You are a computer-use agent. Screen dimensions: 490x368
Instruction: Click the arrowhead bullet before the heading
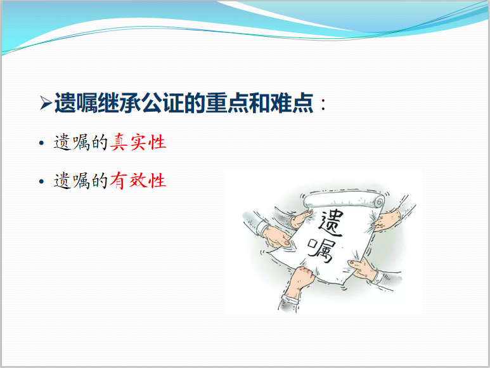point(46,103)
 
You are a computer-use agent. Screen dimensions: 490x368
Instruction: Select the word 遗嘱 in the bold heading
point(76,103)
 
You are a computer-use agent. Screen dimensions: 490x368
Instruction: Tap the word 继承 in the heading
point(119,103)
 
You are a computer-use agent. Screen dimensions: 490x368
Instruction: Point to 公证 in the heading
point(162,103)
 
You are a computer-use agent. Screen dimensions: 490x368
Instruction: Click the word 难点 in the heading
point(292,103)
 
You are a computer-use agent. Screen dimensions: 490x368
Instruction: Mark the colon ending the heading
point(323,105)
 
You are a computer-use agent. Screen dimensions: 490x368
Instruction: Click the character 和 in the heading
point(259,103)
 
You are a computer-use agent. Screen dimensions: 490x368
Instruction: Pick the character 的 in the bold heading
point(195,103)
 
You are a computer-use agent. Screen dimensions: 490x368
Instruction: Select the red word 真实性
point(138,142)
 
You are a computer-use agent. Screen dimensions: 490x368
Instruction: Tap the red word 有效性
point(138,180)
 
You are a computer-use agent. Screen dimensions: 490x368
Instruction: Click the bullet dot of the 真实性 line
point(42,143)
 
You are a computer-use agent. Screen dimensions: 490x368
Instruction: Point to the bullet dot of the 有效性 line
point(42,181)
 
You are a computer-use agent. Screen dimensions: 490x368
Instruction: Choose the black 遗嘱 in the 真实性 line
point(72,142)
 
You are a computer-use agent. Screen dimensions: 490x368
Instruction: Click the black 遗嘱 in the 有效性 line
point(72,180)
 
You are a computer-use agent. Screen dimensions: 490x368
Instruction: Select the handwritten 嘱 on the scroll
point(321,251)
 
